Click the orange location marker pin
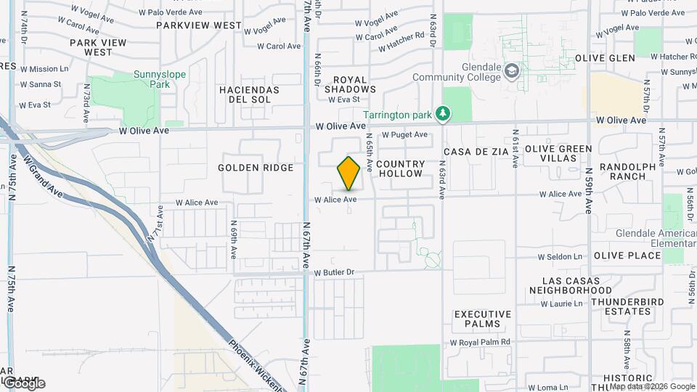(348, 173)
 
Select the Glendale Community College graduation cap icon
(513, 70)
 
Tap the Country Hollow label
(400, 169)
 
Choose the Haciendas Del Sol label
(249, 94)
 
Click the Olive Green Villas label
(558, 154)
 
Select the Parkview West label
(198, 25)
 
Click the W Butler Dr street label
(334, 272)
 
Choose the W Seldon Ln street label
(560, 257)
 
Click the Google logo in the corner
(23, 383)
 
